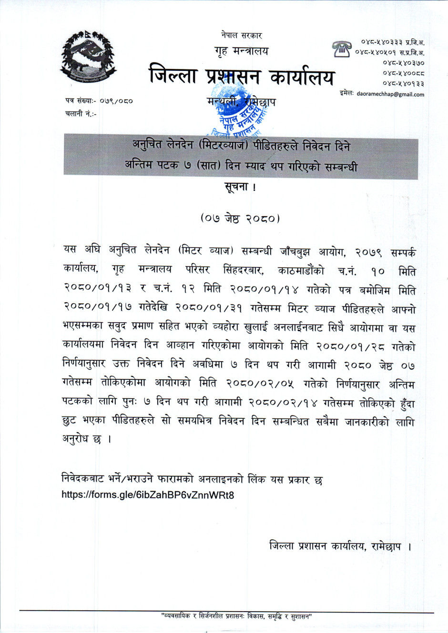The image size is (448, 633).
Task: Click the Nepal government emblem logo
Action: click(x=89, y=58)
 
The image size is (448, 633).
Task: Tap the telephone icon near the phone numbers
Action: click(x=342, y=49)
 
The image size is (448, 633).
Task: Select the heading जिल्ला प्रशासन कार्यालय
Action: click(x=242, y=77)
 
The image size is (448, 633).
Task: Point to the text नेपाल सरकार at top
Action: click(x=241, y=35)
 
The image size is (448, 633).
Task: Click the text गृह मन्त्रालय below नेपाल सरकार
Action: click(x=241, y=50)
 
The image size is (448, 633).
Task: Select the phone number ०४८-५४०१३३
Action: click(x=403, y=83)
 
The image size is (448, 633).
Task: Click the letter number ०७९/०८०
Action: click(x=116, y=101)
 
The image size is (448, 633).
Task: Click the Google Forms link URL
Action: click(x=148, y=495)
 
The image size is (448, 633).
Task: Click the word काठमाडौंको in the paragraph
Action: click(x=301, y=271)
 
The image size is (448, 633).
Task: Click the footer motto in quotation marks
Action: click(x=236, y=617)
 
